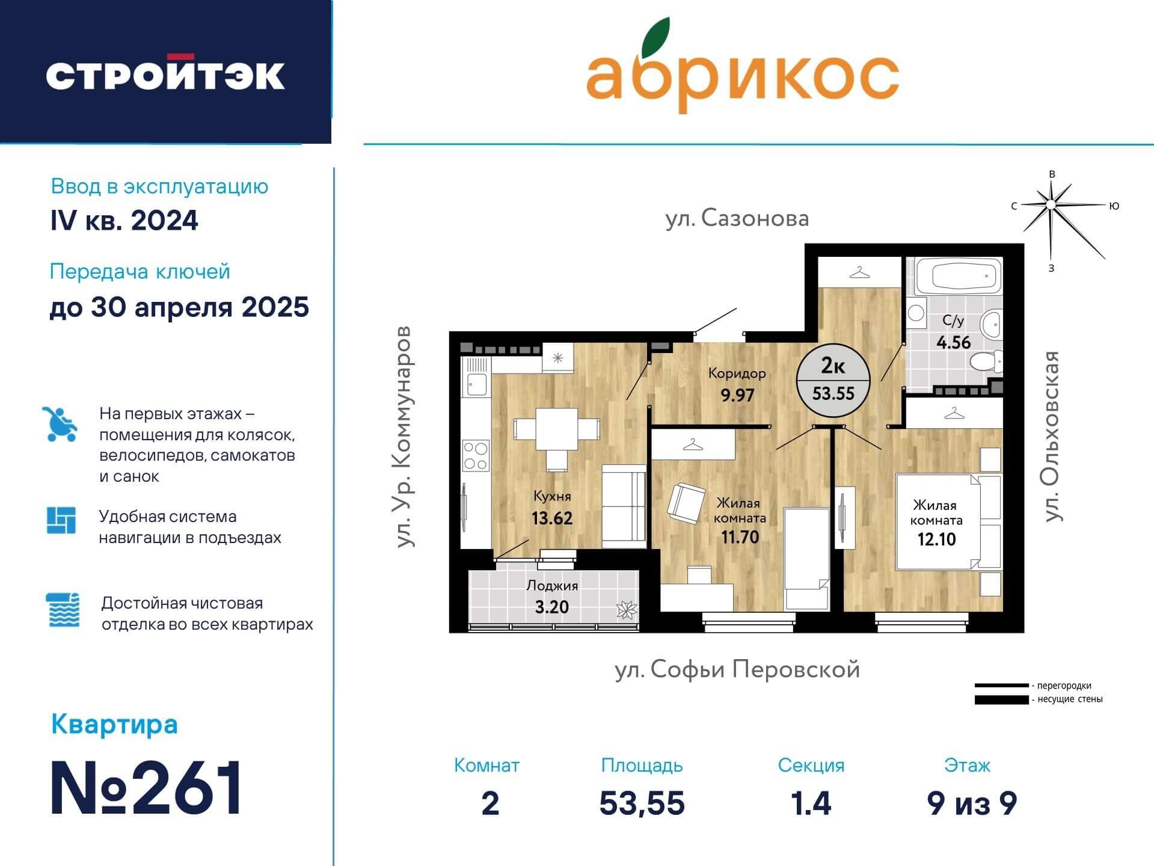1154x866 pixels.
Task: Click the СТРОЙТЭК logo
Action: (165, 75)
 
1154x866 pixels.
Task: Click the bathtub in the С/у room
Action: (957, 276)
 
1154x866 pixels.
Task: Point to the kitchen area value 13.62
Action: (551, 518)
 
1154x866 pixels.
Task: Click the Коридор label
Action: (737, 373)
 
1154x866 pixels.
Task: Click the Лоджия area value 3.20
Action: (551, 607)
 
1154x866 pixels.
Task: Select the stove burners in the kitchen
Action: (475, 456)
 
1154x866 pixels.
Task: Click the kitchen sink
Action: (476, 384)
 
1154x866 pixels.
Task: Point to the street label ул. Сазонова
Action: (737, 218)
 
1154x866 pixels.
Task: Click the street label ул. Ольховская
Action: (1051, 436)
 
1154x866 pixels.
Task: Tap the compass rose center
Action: (1051, 205)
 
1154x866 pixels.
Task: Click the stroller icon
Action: (60, 424)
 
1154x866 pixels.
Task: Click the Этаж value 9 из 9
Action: (971, 803)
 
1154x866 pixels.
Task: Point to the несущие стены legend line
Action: (1001, 700)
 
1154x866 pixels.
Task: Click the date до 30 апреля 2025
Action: (179, 307)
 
